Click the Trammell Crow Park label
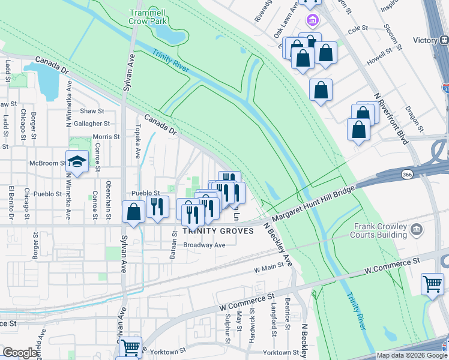pyautogui.click(x=149, y=16)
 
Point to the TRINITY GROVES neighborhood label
pyautogui.click(x=209, y=231)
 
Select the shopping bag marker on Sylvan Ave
pyautogui.click(x=133, y=212)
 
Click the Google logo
pyautogui.click(x=20, y=353)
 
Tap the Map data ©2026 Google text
pyautogui.click(x=412, y=355)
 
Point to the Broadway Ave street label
pyautogui.click(x=204, y=245)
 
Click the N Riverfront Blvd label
pyautogui.click(x=391, y=119)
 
